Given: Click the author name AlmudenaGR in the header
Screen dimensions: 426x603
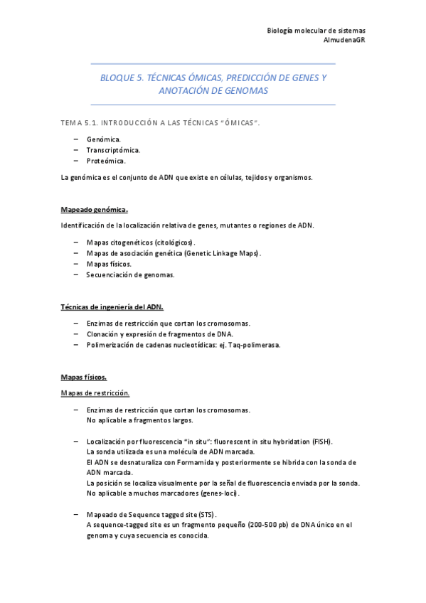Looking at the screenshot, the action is click(344, 40).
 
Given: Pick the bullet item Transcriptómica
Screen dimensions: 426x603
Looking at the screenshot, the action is click(113, 150).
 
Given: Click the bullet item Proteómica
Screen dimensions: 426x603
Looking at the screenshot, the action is click(106, 161).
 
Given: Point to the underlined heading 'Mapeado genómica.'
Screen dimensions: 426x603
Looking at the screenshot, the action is click(95, 210).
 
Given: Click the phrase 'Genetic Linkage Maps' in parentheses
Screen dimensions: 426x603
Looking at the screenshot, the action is click(221, 252).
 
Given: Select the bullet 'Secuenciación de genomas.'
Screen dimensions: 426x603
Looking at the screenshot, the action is click(130, 274).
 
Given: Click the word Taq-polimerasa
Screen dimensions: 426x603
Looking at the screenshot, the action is click(256, 345).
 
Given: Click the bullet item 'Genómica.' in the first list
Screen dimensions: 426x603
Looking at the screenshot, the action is click(104, 139).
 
